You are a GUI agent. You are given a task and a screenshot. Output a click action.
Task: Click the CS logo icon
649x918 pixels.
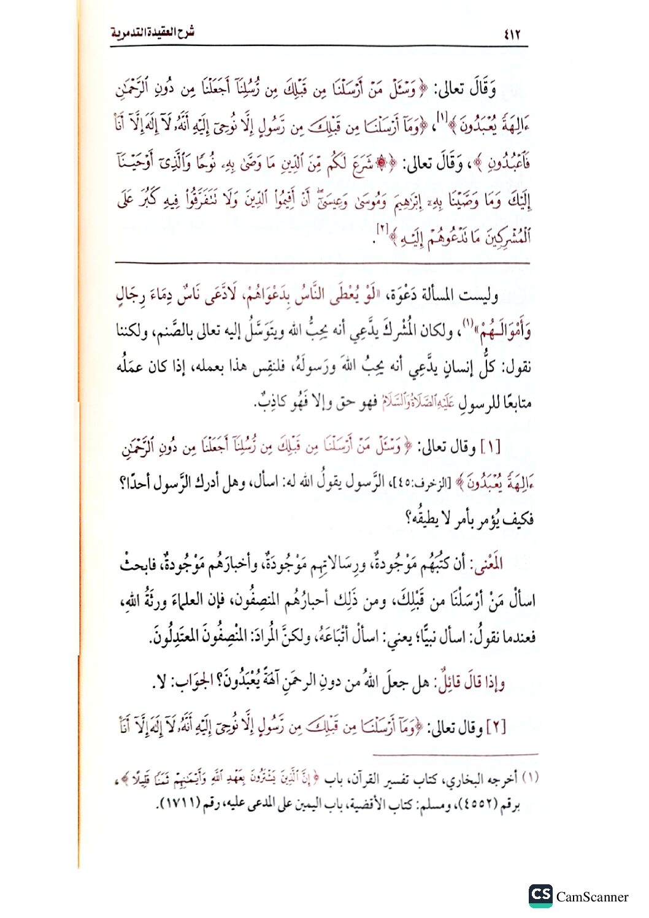coord(540,895)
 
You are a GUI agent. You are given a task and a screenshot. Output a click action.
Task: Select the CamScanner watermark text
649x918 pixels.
coord(592,897)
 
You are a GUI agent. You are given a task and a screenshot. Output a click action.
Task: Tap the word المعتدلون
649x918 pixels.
coord(179,638)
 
